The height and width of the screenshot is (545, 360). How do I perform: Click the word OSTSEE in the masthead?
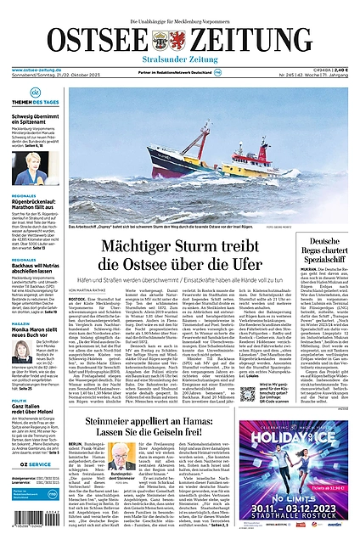(82, 38)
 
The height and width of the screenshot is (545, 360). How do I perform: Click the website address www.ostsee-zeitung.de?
(35, 71)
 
